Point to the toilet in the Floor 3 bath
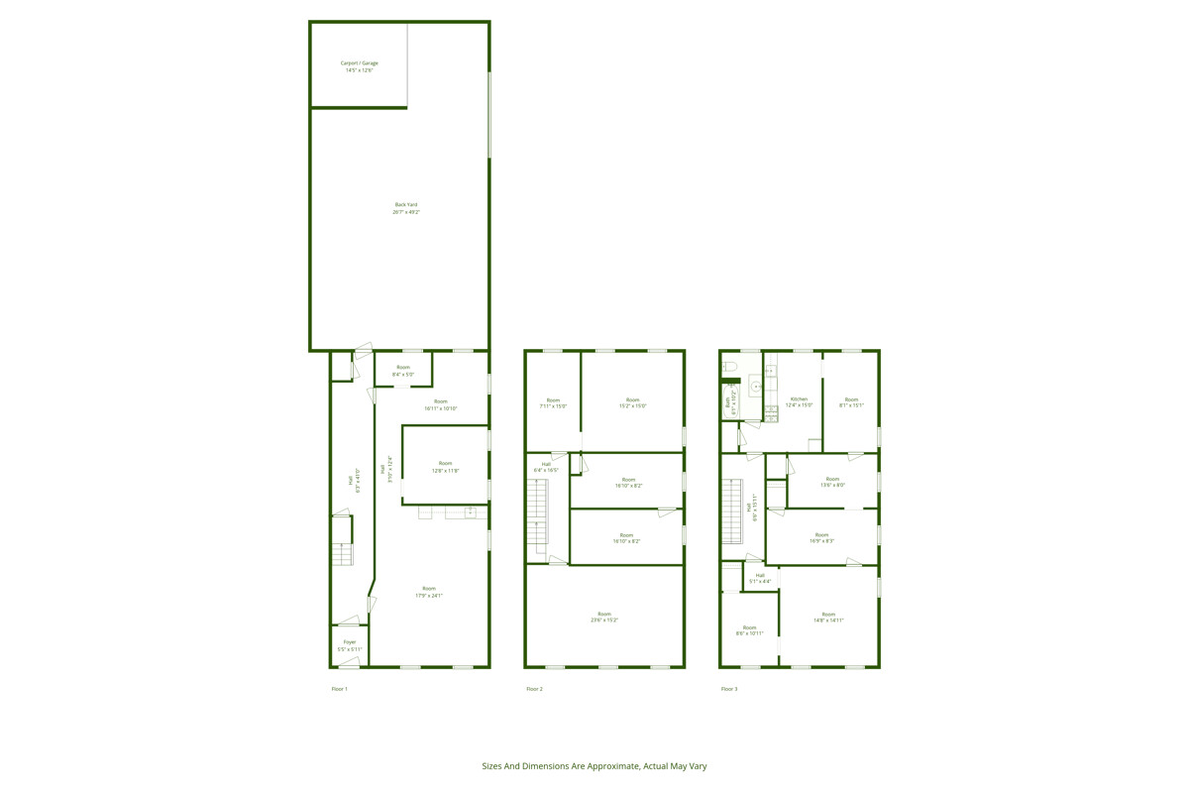(730, 367)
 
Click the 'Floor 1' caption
(340, 689)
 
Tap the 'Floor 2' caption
(534, 689)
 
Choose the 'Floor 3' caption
(729, 689)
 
